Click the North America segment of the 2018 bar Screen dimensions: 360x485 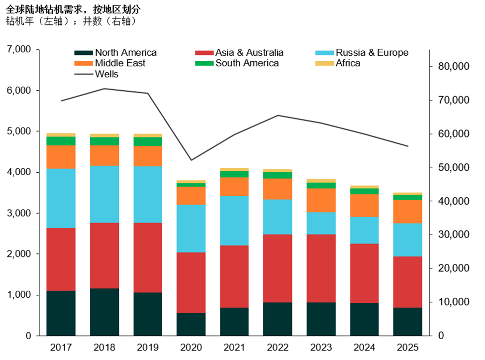tap(104, 312)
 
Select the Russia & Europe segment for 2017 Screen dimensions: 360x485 tap(61, 198)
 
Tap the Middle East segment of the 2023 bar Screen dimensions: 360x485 tap(321, 200)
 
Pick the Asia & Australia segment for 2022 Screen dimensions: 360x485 tap(278, 268)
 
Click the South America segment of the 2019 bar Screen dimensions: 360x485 tap(148, 141)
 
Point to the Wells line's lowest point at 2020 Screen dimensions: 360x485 tap(191, 160)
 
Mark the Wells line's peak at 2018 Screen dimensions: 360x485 tap(104, 89)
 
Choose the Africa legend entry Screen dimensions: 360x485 tap(348, 63)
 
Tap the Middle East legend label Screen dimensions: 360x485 tap(120, 63)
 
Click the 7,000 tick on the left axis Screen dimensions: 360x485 tap(19, 50)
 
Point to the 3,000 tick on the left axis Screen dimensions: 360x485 tap(19, 213)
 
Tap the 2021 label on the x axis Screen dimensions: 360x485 tap(234, 347)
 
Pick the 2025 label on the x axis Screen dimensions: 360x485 tap(407, 347)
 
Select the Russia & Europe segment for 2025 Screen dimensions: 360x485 tap(407, 240)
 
